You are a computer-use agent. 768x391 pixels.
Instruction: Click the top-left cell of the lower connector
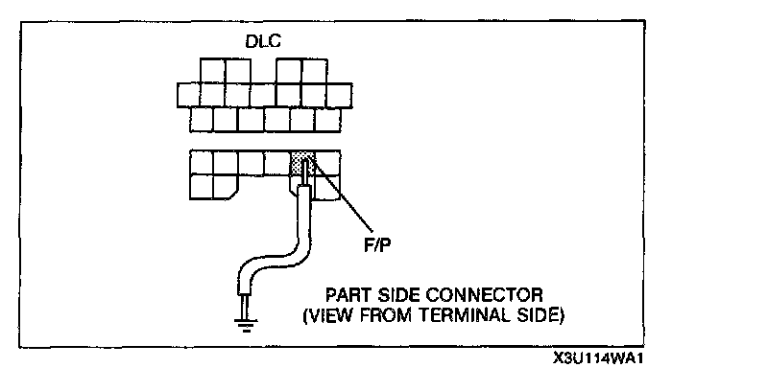click(x=202, y=161)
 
